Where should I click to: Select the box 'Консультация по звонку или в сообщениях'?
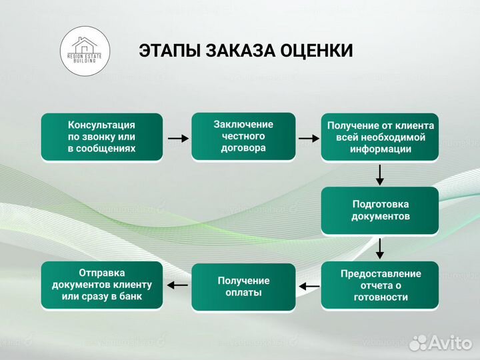[x=101, y=137]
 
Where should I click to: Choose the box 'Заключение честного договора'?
[x=243, y=137]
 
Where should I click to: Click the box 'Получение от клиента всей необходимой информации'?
[x=380, y=137]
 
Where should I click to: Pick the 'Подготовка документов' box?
[x=380, y=211]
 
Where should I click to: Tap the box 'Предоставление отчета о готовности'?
[x=380, y=285]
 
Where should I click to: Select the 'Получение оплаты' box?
[x=243, y=287]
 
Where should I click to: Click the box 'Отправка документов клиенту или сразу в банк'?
[x=101, y=285]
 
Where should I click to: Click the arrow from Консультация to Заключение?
[x=177, y=138]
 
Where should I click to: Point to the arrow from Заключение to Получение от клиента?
[x=309, y=138]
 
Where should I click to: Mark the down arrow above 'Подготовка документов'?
[x=380, y=175]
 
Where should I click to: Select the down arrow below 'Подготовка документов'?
[x=380, y=248]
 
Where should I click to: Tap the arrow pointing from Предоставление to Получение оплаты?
[x=309, y=287]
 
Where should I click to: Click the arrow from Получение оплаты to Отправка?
[x=177, y=285]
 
